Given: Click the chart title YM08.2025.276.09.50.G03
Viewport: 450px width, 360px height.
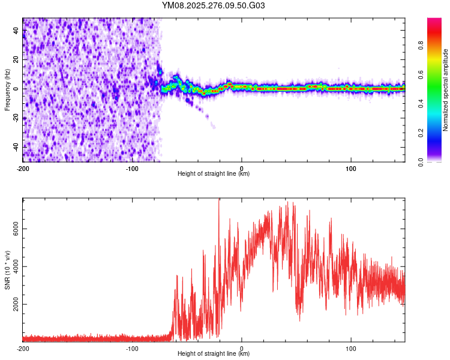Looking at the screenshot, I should [x=214, y=6].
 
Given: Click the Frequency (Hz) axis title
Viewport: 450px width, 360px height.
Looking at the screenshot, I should [x=7, y=90].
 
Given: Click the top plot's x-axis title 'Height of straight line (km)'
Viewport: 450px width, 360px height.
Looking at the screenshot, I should [x=214, y=174].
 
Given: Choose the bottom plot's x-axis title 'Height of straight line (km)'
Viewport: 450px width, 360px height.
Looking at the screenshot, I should [x=214, y=354].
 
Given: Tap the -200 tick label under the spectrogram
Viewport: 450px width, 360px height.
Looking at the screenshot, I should [x=23, y=168].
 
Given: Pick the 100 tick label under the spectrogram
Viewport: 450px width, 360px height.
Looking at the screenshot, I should [x=351, y=168].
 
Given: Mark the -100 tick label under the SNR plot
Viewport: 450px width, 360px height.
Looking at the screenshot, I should [x=132, y=348].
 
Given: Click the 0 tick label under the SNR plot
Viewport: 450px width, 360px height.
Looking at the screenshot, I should [x=242, y=348].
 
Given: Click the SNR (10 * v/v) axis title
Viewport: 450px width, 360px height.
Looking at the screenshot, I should [x=7, y=270].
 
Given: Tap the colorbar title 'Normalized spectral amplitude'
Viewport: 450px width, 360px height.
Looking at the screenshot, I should [x=446, y=90].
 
